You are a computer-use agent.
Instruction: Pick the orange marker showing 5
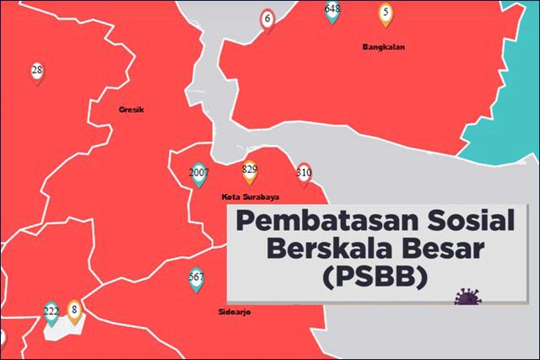point(386,13)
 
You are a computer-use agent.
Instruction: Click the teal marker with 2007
point(198,173)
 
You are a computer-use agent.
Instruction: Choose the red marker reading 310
point(304,174)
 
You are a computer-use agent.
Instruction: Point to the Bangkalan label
point(383,47)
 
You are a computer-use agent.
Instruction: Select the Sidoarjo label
point(234,312)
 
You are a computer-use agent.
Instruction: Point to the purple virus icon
point(466,297)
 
